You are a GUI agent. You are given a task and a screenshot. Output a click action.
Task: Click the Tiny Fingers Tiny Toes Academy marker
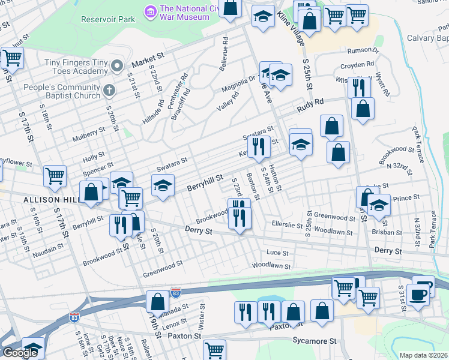117,65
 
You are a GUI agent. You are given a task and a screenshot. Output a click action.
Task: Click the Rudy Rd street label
310,106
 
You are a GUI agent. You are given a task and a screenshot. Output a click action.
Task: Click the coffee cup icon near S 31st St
418,293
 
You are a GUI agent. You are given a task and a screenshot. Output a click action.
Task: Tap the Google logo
20,353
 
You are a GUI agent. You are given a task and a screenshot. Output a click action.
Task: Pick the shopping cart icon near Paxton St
214,349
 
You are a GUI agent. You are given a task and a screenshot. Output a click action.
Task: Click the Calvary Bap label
427,38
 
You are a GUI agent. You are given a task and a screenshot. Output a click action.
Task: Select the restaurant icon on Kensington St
258,146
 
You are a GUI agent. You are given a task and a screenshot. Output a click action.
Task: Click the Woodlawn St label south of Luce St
271,265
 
